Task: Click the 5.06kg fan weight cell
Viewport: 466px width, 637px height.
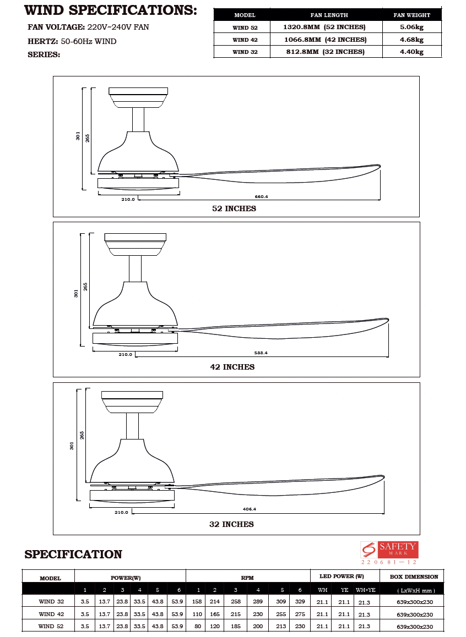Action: (x=411, y=27)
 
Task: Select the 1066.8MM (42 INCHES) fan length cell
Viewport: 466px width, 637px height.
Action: (x=324, y=40)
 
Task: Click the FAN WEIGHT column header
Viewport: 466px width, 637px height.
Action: (x=411, y=15)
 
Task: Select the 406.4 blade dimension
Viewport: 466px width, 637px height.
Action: (x=249, y=509)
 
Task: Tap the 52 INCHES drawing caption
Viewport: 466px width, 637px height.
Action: (x=234, y=209)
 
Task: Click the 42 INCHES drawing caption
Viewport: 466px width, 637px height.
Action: (x=232, y=367)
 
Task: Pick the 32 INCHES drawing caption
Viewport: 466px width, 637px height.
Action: (x=231, y=524)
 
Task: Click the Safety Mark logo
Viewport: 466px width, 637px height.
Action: (x=389, y=550)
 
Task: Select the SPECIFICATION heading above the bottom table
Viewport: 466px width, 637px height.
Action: (x=73, y=554)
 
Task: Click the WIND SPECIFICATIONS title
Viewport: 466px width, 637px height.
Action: (x=111, y=10)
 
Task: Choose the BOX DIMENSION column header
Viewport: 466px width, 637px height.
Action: (x=414, y=576)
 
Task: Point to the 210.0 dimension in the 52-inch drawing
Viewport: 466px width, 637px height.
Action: (x=128, y=199)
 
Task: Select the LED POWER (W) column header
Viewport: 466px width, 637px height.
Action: (x=342, y=576)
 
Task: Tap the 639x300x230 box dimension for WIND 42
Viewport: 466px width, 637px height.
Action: (x=415, y=614)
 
